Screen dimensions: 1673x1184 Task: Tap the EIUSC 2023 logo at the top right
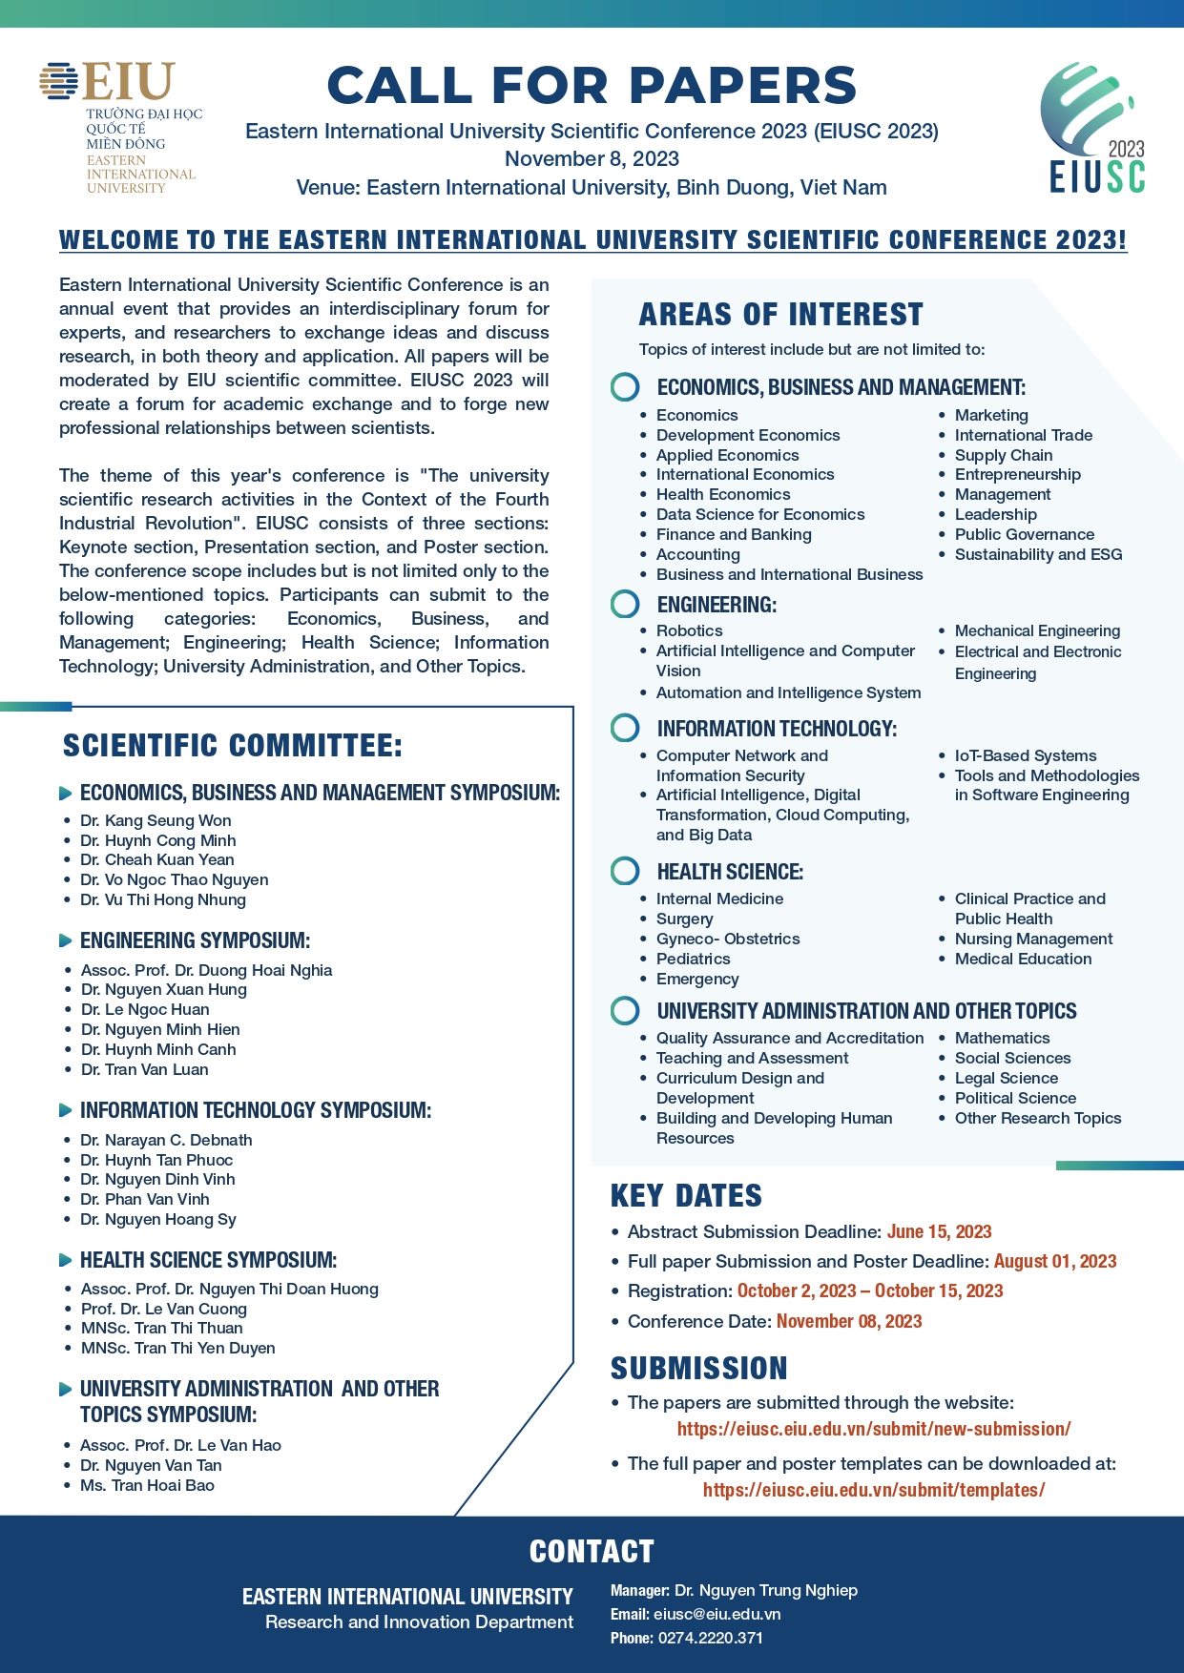pos(1093,129)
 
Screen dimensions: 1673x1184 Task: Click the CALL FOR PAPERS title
pos(592,85)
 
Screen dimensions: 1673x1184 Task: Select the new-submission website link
pos(873,1429)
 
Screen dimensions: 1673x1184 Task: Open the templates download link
pos(873,1490)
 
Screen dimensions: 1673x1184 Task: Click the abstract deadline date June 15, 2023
pos(939,1231)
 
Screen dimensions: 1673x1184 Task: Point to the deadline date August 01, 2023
pos(1054,1261)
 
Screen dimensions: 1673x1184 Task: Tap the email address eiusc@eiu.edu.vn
pos(717,1614)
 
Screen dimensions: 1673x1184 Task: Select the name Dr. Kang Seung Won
pos(156,820)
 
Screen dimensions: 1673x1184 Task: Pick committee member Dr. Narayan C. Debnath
pos(166,1140)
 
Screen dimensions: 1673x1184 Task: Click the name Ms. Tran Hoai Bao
pos(147,1485)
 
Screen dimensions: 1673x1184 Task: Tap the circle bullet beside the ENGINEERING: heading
pos(625,605)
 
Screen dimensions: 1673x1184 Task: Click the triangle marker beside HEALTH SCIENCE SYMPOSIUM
pos(65,1260)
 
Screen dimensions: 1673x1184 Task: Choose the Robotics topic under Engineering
pos(689,630)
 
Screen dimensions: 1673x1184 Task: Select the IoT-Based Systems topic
pos(1025,755)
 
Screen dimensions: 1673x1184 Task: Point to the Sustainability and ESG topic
pos(1038,554)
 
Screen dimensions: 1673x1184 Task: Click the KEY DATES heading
pos(686,1195)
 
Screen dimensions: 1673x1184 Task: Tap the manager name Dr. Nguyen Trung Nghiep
pos(765,1590)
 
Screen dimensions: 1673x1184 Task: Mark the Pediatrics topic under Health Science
pos(693,959)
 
